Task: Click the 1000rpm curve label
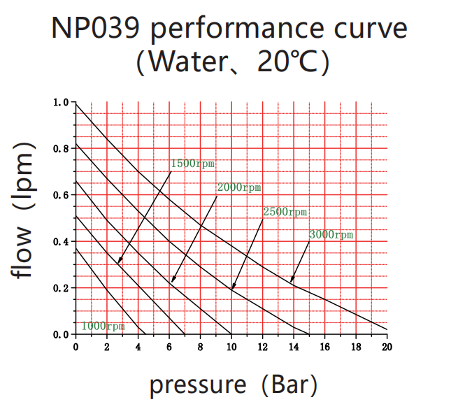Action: [103, 326]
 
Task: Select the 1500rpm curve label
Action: [192, 164]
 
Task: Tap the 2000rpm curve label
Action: [238, 187]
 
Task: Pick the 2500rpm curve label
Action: [285, 211]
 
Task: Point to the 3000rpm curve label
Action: [331, 235]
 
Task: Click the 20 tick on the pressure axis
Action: [387, 347]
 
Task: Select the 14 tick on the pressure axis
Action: [294, 347]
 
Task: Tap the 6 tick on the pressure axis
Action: [169, 347]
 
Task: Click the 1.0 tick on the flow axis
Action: [61, 102]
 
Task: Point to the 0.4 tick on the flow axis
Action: [61, 241]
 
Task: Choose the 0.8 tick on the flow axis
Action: [61, 148]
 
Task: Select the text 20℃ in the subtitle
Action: [283, 62]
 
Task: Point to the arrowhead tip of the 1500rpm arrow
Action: [118, 264]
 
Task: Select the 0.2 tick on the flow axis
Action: [61, 288]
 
